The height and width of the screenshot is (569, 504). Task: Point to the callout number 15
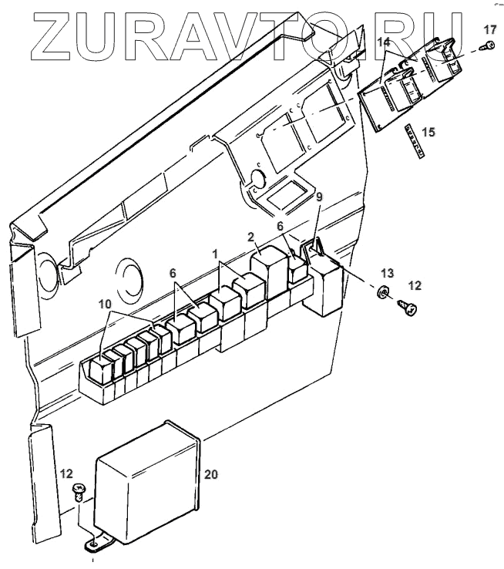(x=428, y=132)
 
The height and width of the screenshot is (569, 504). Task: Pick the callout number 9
(x=320, y=197)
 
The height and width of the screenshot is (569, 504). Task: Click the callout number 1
(x=217, y=252)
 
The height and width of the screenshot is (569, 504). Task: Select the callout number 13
(x=387, y=274)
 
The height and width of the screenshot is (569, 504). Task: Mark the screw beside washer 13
(x=408, y=308)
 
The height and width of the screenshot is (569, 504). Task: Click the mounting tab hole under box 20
(x=92, y=544)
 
